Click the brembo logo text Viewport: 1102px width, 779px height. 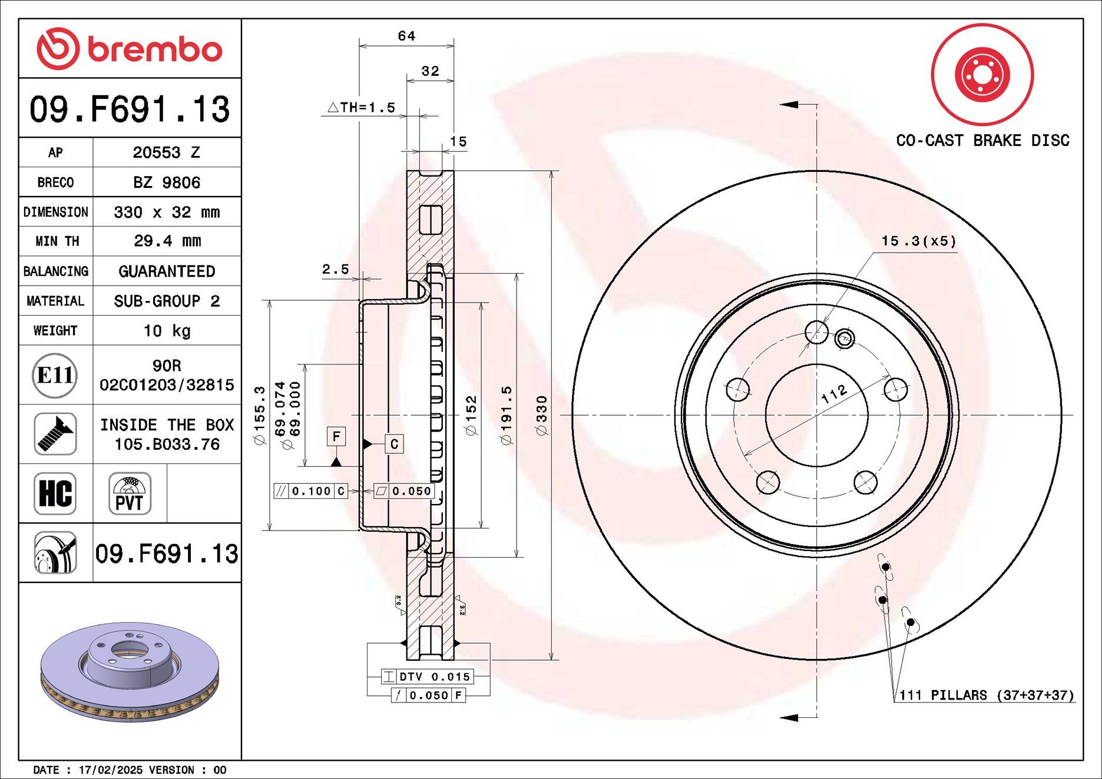coord(154,49)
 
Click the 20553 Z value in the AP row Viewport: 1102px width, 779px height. coord(166,153)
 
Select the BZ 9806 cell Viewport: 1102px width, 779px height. coord(166,183)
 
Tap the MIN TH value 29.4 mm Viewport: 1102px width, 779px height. coord(167,241)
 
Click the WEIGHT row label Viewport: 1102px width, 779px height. coord(55,330)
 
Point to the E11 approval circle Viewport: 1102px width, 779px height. coord(55,375)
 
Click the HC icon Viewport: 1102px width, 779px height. coord(55,493)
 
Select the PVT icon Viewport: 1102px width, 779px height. coord(130,493)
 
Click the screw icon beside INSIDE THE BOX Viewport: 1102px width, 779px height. coord(55,434)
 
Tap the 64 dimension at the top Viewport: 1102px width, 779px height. coord(406,36)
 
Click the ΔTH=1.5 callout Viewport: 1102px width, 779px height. coord(362,108)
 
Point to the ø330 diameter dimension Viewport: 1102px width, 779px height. coord(541,416)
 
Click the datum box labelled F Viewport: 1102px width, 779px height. coord(336,436)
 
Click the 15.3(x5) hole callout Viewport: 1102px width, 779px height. coord(918,241)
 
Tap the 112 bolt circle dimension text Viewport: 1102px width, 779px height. coord(834,394)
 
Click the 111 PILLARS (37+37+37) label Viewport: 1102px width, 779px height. coord(986,695)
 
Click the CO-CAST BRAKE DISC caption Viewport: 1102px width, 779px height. coord(982,140)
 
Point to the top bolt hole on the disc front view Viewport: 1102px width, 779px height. coord(816,332)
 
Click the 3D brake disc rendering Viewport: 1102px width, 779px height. coord(130,671)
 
